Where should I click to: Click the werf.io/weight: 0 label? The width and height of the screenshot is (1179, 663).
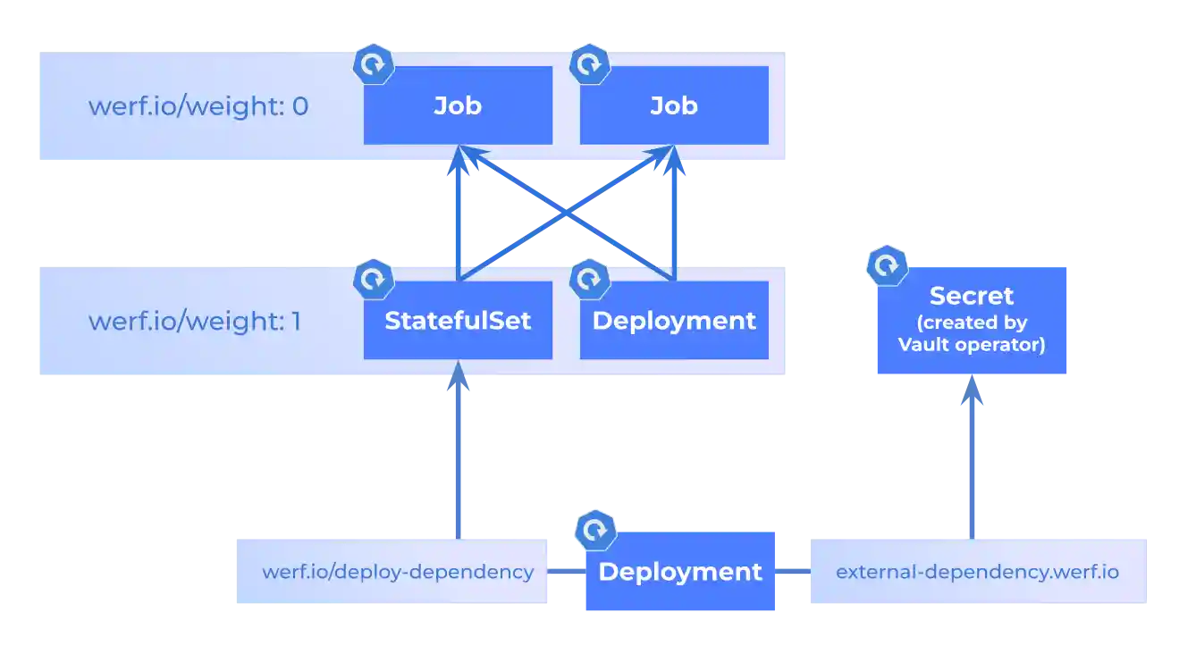[x=198, y=106]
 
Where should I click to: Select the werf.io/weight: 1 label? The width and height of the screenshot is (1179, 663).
[x=194, y=321]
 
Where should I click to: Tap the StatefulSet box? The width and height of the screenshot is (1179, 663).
[x=458, y=321]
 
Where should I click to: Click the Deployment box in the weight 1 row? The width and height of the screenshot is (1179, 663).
[x=674, y=321]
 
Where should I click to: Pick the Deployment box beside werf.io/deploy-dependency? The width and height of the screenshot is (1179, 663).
[x=679, y=572]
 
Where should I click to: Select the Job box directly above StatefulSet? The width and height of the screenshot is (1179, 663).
[x=458, y=106]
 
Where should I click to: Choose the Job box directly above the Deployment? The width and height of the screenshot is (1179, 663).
[x=674, y=106]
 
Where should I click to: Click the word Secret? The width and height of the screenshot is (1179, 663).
[x=972, y=296]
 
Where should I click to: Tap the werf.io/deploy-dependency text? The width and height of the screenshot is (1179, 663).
[x=398, y=572]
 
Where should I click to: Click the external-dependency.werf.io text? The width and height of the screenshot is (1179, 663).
[x=977, y=572]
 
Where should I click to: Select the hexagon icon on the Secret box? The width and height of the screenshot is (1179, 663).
[x=887, y=266]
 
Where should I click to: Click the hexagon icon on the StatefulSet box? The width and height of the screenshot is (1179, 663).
[x=374, y=279]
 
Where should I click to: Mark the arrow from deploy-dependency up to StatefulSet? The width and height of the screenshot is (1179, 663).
[x=458, y=456]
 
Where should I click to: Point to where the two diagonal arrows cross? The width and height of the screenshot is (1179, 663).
[x=566, y=214]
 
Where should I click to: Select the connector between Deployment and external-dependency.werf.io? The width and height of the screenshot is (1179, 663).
[x=793, y=572]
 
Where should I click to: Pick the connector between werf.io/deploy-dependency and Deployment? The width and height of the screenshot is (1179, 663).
[x=565, y=572]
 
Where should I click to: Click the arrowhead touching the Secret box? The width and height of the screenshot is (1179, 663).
[x=972, y=390]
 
